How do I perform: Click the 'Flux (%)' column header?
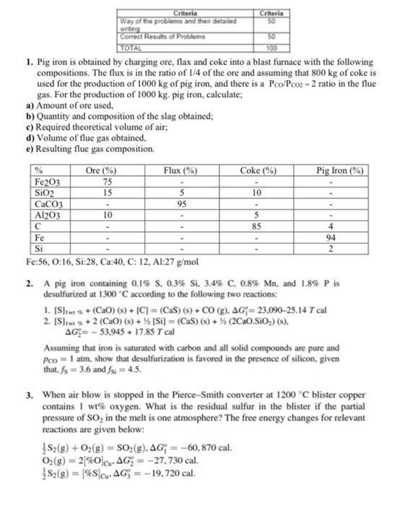pyautogui.click(x=180, y=170)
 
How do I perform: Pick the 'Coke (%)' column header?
pyautogui.click(x=260, y=170)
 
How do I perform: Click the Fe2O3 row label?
pyautogui.click(x=48, y=183)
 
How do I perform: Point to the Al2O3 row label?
pyautogui.click(x=48, y=214)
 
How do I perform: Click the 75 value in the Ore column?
pyautogui.click(x=107, y=183)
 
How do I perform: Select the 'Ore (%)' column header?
pyautogui.click(x=101, y=170)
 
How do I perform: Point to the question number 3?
pyautogui.click(x=27, y=396)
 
